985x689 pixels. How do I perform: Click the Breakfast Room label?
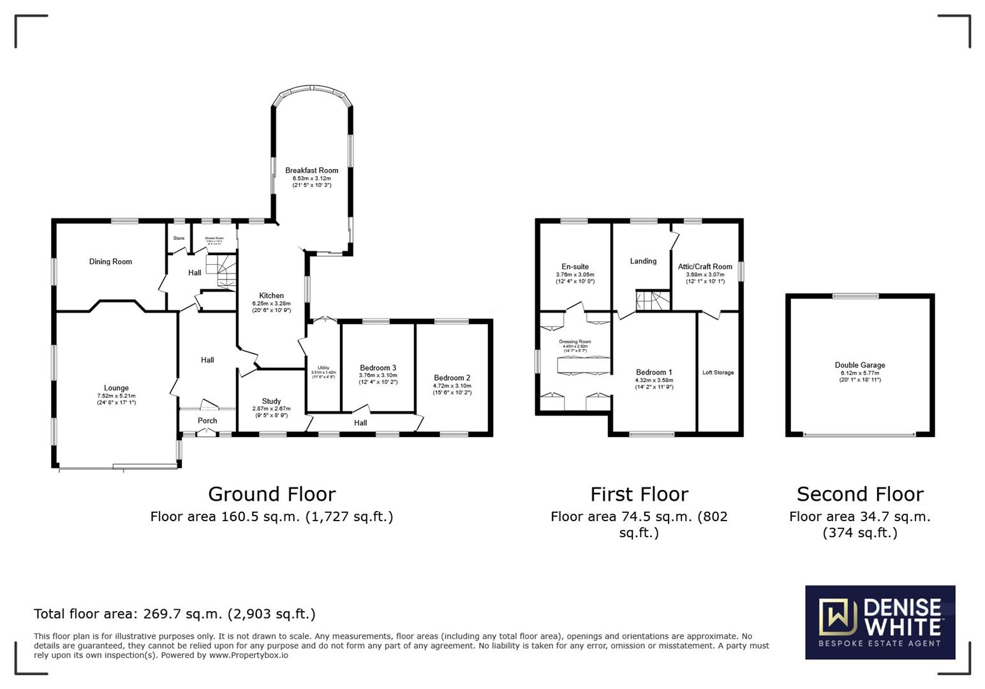click(311, 170)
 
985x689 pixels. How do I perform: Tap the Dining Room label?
click(110, 262)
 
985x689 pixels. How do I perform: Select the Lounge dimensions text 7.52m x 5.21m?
click(116, 396)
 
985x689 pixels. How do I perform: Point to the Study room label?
click(271, 401)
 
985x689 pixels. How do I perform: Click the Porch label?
click(207, 420)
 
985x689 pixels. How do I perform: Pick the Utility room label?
click(323, 368)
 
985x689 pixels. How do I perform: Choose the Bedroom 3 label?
click(378, 368)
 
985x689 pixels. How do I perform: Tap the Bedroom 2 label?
click(452, 378)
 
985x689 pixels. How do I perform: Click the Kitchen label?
click(271, 295)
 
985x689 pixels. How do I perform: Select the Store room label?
click(179, 239)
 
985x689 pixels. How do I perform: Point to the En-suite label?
click(575, 267)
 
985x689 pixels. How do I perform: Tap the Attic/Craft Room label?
click(705, 267)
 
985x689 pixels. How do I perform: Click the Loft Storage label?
click(718, 373)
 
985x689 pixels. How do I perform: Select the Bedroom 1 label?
click(654, 373)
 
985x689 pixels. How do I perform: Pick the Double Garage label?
click(859, 366)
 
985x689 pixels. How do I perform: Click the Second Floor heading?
click(859, 494)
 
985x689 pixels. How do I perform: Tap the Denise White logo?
click(880, 622)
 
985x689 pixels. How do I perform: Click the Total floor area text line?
click(174, 614)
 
